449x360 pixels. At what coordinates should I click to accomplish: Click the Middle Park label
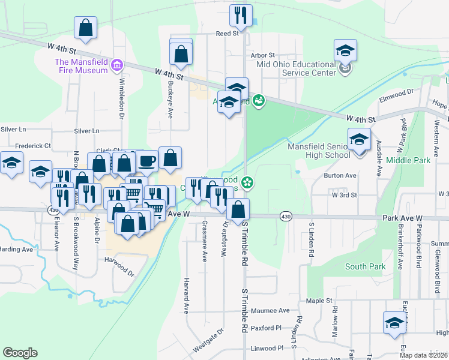click(408, 161)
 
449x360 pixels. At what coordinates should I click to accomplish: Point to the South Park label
click(365, 266)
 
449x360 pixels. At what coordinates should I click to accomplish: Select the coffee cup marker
click(147, 161)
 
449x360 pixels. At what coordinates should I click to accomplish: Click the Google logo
click(20, 353)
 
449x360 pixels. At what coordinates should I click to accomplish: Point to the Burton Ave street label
click(340, 176)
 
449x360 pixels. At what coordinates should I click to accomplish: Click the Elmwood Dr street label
click(397, 92)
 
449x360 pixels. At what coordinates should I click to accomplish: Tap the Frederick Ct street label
click(33, 146)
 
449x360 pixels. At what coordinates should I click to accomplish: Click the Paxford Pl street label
click(266, 328)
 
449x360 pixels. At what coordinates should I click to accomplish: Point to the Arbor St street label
click(263, 55)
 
